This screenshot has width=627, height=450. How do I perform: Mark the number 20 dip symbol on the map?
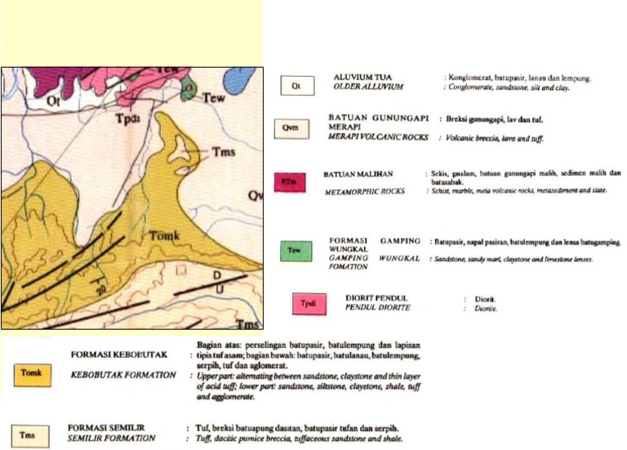(100, 290)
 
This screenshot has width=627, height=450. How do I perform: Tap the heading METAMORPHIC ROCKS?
(364, 190)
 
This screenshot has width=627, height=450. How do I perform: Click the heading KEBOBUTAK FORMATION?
(125, 374)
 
